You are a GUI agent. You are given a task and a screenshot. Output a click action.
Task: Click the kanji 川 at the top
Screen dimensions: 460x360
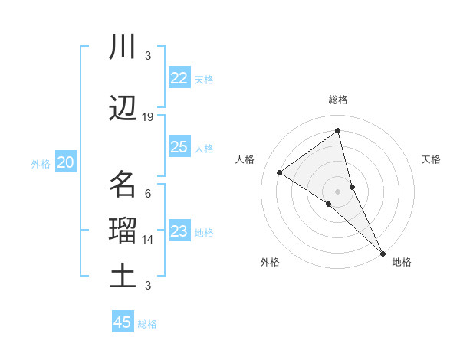123,47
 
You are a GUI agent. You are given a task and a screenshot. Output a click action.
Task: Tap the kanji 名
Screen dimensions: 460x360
123,185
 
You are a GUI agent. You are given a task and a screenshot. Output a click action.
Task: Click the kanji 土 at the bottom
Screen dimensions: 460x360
123,276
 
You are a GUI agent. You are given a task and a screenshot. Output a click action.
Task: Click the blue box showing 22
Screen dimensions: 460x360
179,78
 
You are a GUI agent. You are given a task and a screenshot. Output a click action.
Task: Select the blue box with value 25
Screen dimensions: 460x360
179,147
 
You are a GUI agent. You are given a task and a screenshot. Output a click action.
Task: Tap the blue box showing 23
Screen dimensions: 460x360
179,231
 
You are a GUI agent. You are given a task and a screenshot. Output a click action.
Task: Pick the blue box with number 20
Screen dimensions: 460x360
65,162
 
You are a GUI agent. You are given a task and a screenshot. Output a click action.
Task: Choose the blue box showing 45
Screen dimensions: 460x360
123,322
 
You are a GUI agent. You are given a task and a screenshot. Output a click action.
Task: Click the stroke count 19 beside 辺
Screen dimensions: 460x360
148,117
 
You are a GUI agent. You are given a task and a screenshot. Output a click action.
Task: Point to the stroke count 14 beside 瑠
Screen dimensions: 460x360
148,240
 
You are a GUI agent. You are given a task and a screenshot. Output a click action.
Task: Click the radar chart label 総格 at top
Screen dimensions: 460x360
338,100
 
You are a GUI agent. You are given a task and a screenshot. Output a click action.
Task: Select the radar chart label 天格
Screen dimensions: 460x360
431,159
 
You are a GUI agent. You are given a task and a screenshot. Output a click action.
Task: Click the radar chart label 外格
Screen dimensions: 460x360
270,262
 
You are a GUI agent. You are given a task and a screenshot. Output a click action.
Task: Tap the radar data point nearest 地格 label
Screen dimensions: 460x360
382,252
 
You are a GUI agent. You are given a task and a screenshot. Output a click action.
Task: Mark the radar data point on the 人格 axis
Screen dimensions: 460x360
280,172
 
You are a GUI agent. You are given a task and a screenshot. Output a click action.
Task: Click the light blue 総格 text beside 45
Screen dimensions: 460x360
147,323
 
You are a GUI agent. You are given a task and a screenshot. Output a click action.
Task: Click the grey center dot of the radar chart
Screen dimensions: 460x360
338,191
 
